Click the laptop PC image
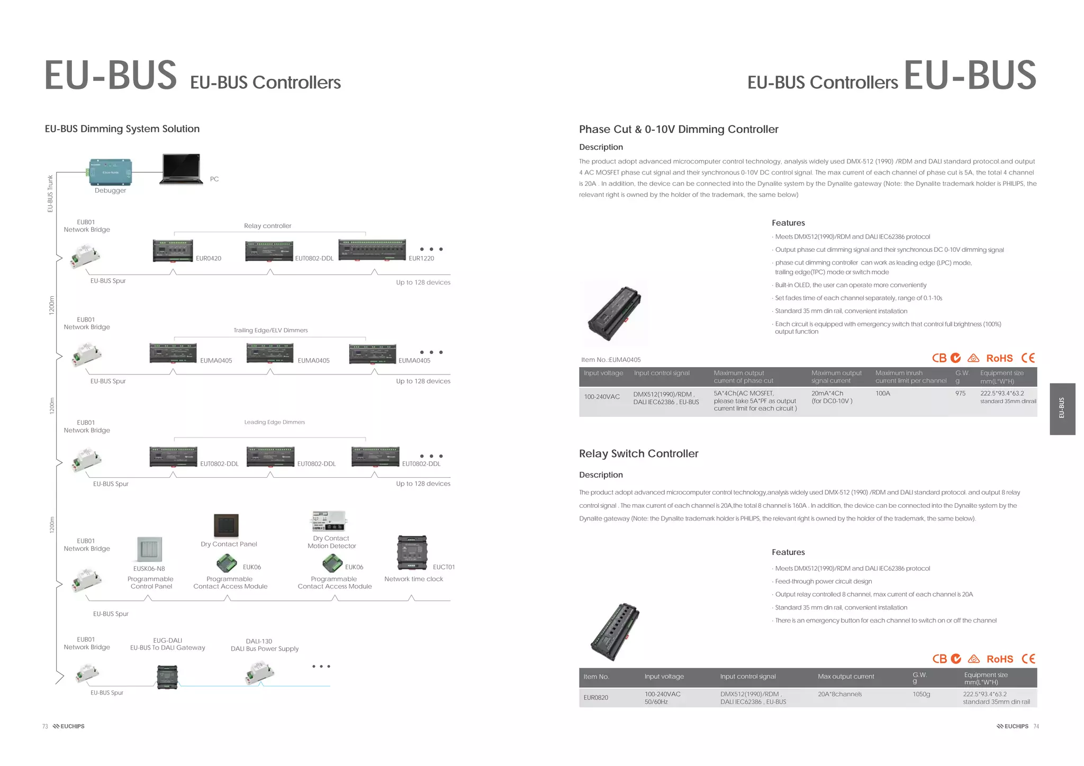coord(181,169)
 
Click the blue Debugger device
coord(110,172)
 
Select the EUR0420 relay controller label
coord(209,258)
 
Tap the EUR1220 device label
coord(421,258)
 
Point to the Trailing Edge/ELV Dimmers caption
coord(270,330)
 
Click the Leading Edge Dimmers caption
coord(274,422)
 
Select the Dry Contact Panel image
coord(227,525)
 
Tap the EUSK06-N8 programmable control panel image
coord(149,549)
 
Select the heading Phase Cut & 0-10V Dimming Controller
coord(679,129)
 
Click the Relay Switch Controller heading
coord(638,453)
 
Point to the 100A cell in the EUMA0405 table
coord(882,394)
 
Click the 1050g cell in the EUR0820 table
coord(921,694)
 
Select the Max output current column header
coord(845,676)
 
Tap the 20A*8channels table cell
coord(839,694)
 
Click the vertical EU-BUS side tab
coord(1062,408)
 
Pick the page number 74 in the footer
coord(1036,726)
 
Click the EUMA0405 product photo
coord(615,313)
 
